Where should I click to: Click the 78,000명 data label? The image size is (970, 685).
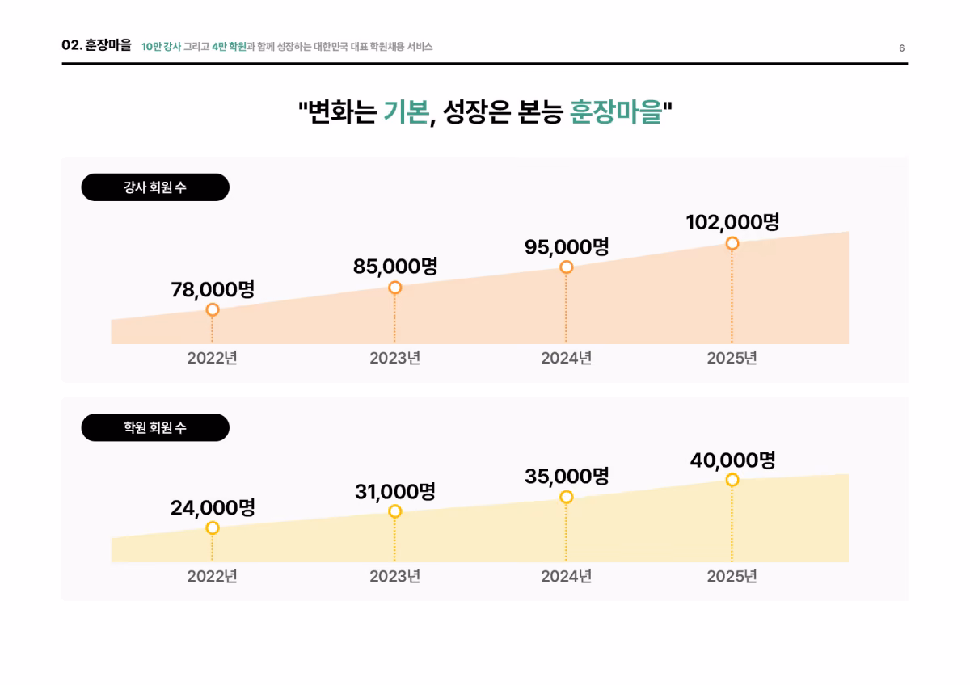(213, 289)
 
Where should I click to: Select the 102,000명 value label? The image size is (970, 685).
(732, 221)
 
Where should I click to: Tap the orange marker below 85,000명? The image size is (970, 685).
(394, 288)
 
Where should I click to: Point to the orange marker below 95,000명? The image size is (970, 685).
(566, 267)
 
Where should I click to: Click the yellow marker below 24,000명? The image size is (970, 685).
(212, 527)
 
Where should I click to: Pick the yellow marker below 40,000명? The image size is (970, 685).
(732, 480)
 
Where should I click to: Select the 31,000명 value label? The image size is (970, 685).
(395, 492)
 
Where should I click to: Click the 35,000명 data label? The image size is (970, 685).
(567, 476)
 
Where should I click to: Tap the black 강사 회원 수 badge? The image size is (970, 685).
(155, 187)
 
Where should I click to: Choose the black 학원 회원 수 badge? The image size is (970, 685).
(155, 427)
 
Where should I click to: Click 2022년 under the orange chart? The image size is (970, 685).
(212, 358)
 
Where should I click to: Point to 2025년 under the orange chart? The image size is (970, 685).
(732, 358)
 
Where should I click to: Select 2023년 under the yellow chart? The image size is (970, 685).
(394, 576)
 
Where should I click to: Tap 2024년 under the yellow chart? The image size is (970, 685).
(566, 576)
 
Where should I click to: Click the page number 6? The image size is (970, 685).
(901, 48)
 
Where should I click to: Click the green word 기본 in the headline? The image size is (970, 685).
(406, 111)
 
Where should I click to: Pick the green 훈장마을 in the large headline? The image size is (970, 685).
(616, 111)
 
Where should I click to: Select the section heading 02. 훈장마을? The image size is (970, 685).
(96, 44)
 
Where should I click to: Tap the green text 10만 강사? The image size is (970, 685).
(161, 46)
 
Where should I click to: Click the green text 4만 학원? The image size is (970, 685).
(229, 46)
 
